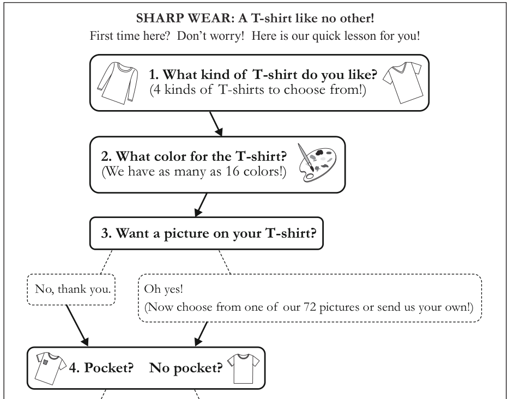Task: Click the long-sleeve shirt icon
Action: tap(118, 83)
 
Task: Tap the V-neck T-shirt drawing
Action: tap(403, 83)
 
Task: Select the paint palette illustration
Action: tap(317, 163)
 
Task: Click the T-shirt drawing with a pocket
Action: tap(51, 368)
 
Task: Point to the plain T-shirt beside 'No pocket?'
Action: tap(243, 369)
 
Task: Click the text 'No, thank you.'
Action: tap(73, 289)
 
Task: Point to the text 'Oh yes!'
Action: tap(164, 289)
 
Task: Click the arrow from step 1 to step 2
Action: tap(216, 124)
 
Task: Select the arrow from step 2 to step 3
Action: tap(201, 205)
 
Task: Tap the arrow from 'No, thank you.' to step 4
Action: tap(77, 325)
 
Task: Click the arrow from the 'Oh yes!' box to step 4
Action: tap(201, 334)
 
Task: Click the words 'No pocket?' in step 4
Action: tap(186, 368)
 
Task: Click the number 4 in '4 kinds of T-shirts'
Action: tap(157, 89)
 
